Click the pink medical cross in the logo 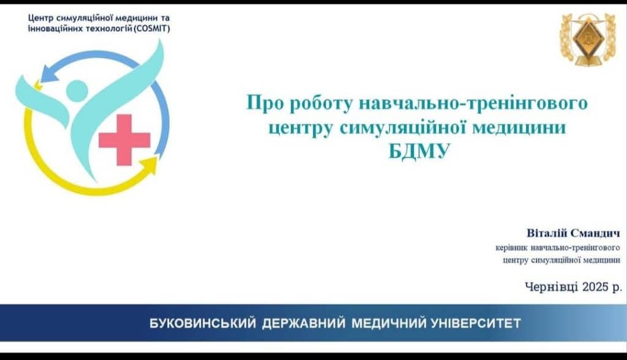[x=124, y=140]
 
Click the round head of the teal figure [x=77, y=91]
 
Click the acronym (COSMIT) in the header [x=152, y=29]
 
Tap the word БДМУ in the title [x=419, y=152]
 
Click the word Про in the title [x=264, y=103]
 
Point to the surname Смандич [x=595, y=234]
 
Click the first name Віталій [x=546, y=233]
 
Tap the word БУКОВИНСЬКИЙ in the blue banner [x=202, y=323]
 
